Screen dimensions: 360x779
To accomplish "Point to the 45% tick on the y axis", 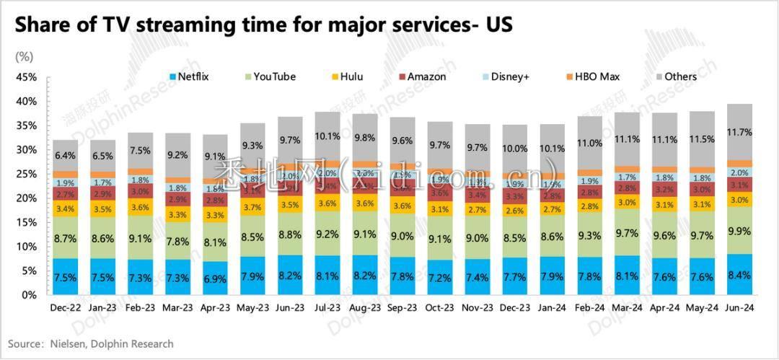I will pyautogui.click(x=26, y=77).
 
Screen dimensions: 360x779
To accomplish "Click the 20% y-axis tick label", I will pyautogui.click(x=26, y=198).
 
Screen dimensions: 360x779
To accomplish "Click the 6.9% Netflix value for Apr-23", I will pyautogui.click(x=215, y=278).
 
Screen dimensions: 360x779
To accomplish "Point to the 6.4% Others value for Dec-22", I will pyautogui.click(x=65, y=155).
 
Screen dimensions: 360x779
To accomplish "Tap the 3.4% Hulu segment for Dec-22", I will pyautogui.click(x=65, y=209).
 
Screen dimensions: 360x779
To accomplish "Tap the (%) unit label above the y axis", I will pyautogui.click(x=23, y=55).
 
